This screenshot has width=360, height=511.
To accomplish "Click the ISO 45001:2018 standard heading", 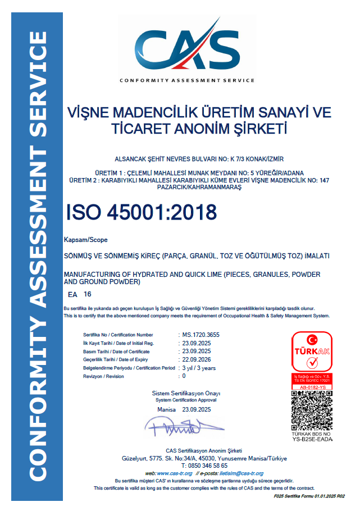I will coord(141,212).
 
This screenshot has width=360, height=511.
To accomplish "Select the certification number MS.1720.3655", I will coord(200,335).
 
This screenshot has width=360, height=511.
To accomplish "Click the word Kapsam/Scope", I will coord(85,240).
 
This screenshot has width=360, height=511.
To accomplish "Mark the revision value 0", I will coord(184,376).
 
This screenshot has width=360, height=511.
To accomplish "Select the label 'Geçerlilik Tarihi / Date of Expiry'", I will coord(115,359).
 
